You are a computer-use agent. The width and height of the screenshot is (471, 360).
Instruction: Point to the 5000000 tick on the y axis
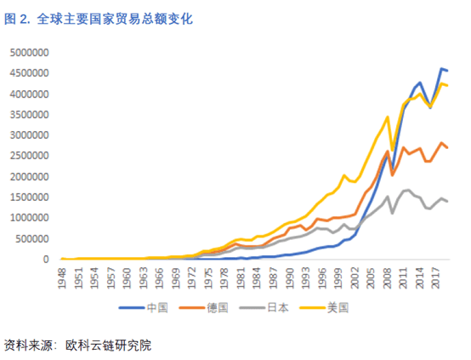29,53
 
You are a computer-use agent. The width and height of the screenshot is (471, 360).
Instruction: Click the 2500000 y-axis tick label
29,156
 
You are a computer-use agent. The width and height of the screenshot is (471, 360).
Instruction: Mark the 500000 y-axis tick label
31,238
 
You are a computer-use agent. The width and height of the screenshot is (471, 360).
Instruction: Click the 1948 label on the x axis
62,278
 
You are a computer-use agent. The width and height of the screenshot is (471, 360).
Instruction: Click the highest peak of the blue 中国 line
442,68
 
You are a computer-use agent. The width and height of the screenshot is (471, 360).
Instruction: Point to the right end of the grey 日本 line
448,202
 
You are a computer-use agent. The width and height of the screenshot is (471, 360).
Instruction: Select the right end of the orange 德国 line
448,148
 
